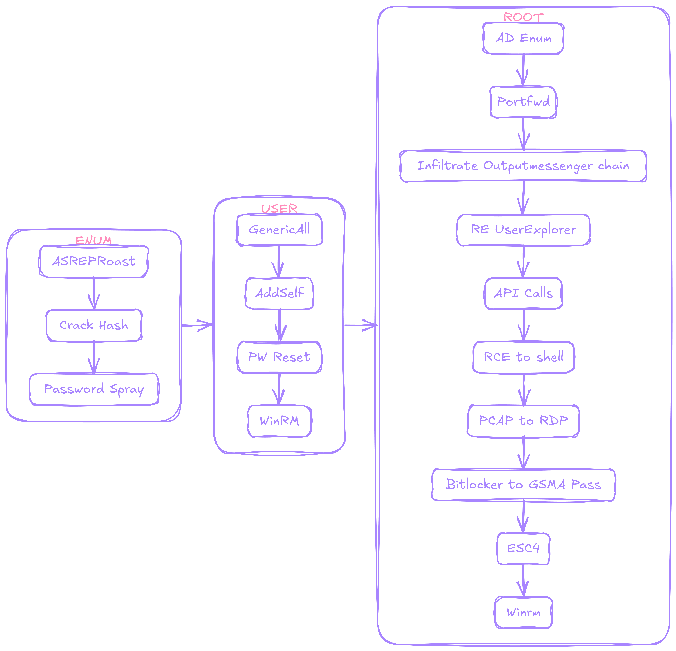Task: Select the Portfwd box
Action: [523, 102]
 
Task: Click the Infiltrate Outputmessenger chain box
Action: [523, 166]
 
